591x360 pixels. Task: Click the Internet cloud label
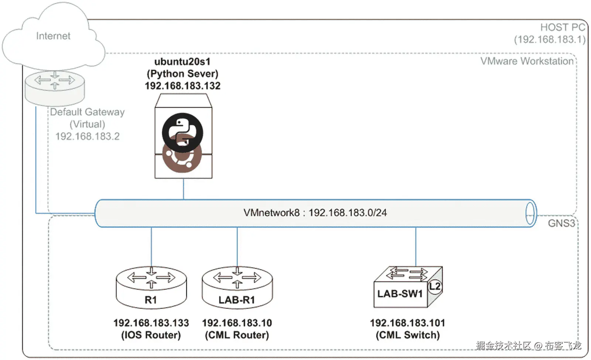tap(53, 36)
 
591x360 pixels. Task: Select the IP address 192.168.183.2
tap(87, 136)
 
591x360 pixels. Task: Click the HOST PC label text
tap(562, 27)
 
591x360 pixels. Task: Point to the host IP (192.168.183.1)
tap(549, 40)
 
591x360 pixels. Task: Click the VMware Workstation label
tap(527, 61)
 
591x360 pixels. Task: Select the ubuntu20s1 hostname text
tap(182, 61)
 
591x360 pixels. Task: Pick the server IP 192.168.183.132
tap(182, 86)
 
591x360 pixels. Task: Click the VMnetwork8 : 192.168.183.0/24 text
tap(315, 213)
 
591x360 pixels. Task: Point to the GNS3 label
tap(561, 223)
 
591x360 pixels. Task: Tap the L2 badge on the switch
tap(435, 286)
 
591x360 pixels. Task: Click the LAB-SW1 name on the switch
tap(400, 294)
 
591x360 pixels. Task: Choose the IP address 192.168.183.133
tap(151, 323)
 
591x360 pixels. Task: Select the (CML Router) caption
tap(237, 335)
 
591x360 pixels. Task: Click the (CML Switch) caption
tap(407, 335)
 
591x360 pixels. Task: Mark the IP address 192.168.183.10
tap(237, 323)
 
